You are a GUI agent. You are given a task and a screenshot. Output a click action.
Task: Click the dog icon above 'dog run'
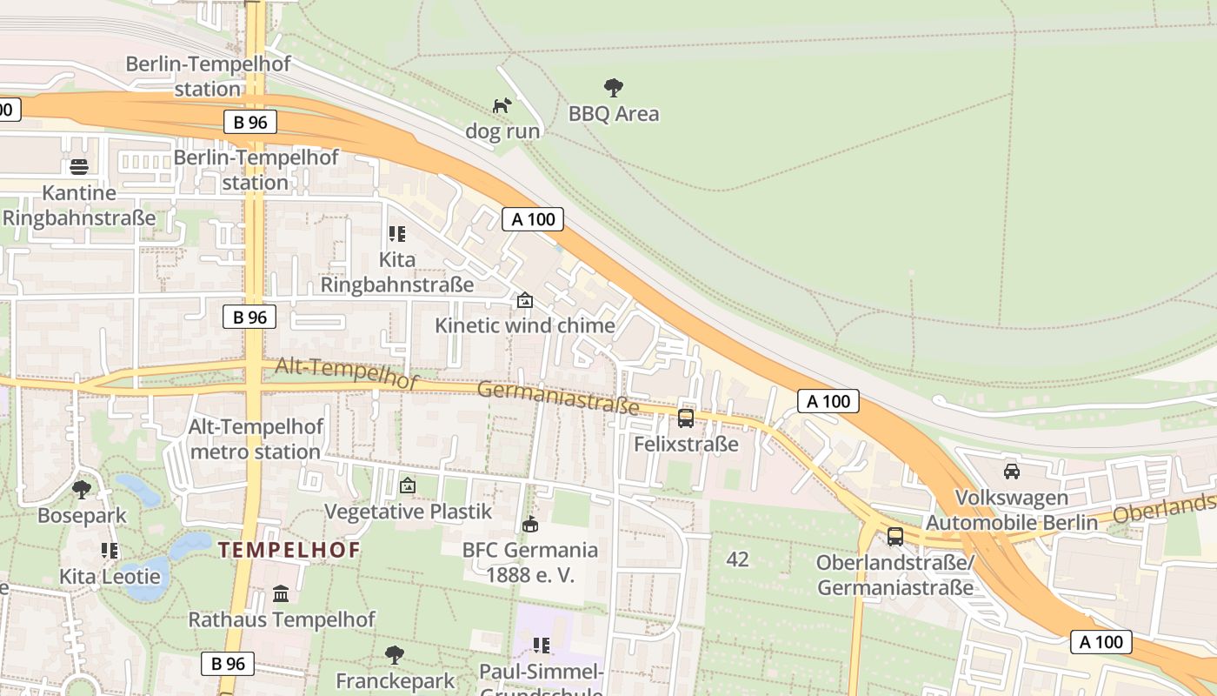(502, 105)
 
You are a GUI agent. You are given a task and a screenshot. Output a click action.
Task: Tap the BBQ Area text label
(614, 114)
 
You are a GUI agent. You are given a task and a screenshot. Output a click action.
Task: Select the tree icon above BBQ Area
(614, 87)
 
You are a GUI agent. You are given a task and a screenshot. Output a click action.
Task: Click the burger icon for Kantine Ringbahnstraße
(79, 166)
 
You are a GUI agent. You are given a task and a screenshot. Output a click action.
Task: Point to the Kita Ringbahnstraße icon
(397, 233)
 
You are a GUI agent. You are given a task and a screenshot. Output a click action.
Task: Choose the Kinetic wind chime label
(524, 325)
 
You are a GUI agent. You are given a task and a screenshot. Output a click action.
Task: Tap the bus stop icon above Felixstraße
(686, 418)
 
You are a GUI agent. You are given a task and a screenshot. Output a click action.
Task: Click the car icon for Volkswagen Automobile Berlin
(1012, 472)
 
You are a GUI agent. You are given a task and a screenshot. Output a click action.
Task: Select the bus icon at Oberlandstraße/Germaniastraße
(895, 537)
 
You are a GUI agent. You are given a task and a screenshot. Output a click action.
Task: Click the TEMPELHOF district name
(289, 550)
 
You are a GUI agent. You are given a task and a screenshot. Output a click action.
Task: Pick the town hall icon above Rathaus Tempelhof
(282, 594)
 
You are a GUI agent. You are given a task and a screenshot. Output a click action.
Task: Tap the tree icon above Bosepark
(82, 489)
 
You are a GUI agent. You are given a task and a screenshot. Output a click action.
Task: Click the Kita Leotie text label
(110, 576)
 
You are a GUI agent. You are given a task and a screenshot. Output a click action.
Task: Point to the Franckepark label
(396, 679)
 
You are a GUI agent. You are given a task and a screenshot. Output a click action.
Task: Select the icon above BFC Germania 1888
(530, 524)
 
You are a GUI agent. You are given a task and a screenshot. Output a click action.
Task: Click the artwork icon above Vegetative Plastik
(408, 485)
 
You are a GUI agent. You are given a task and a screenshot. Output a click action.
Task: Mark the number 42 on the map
(737, 559)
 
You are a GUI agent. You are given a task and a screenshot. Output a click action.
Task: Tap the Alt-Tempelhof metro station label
(256, 439)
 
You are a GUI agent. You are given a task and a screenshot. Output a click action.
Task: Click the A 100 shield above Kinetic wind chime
(533, 219)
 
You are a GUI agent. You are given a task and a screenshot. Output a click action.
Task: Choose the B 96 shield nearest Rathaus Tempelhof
(228, 664)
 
